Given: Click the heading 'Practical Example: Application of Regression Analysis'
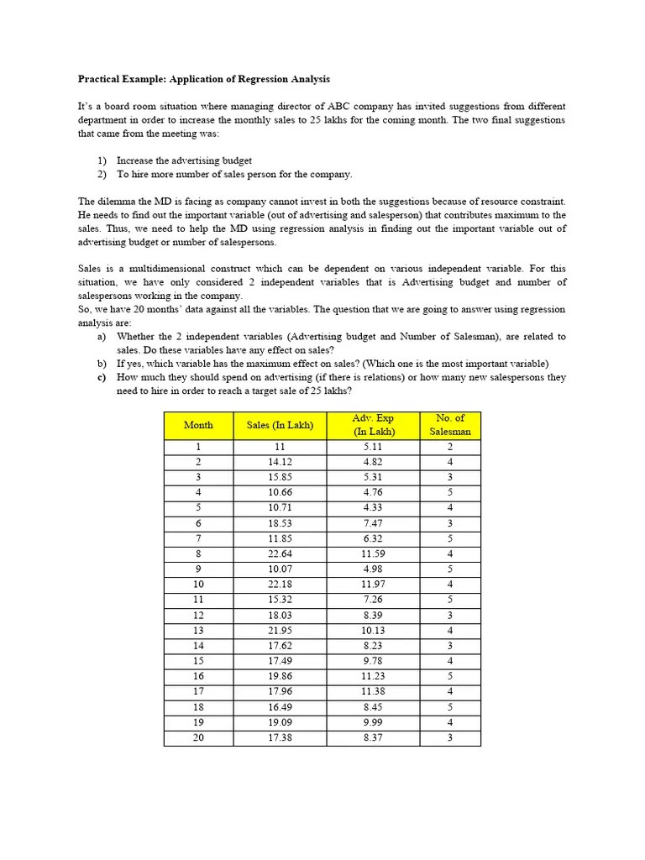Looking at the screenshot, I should pyautogui.click(x=204, y=79).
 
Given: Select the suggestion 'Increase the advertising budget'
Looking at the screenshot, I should pyautogui.click(x=184, y=160).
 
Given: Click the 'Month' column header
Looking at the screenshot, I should pyautogui.click(x=198, y=425).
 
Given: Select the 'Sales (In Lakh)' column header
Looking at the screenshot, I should pyautogui.click(x=280, y=425).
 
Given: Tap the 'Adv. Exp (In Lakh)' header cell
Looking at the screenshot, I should pyautogui.click(x=374, y=425).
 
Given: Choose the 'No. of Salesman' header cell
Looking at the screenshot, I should pyautogui.click(x=450, y=425).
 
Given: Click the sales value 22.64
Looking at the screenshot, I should pyautogui.click(x=280, y=553).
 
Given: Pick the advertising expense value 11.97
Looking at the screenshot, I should pyautogui.click(x=374, y=584).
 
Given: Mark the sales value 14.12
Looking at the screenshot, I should pyautogui.click(x=280, y=462).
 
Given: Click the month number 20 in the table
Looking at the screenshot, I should pyautogui.click(x=198, y=737).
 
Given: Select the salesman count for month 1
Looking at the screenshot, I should pyautogui.click(x=450, y=447).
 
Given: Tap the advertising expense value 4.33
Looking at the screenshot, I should pyautogui.click(x=374, y=507).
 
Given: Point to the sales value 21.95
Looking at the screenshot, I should pyautogui.click(x=280, y=630).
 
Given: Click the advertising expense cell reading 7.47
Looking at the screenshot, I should pyautogui.click(x=374, y=523).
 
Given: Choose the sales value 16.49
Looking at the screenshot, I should pyautogui.click(x=280, y=707).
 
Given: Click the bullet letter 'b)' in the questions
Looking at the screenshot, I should pyautogui.click(x=102, y=364).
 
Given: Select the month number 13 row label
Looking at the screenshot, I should pyautogui.click(x=198, y=630).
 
